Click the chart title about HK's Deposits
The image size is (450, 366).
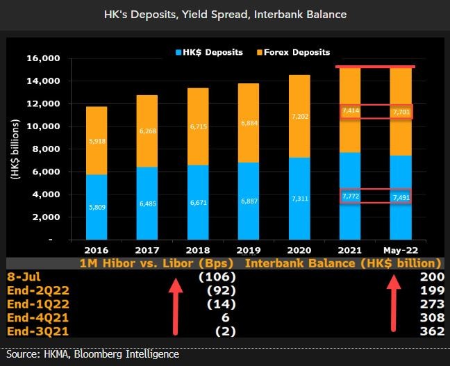pos(225,15)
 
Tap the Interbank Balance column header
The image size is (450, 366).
pos(343,263)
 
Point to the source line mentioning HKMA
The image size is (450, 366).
pos(93,355)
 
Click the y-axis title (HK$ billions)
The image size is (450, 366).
pos(13,149)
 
